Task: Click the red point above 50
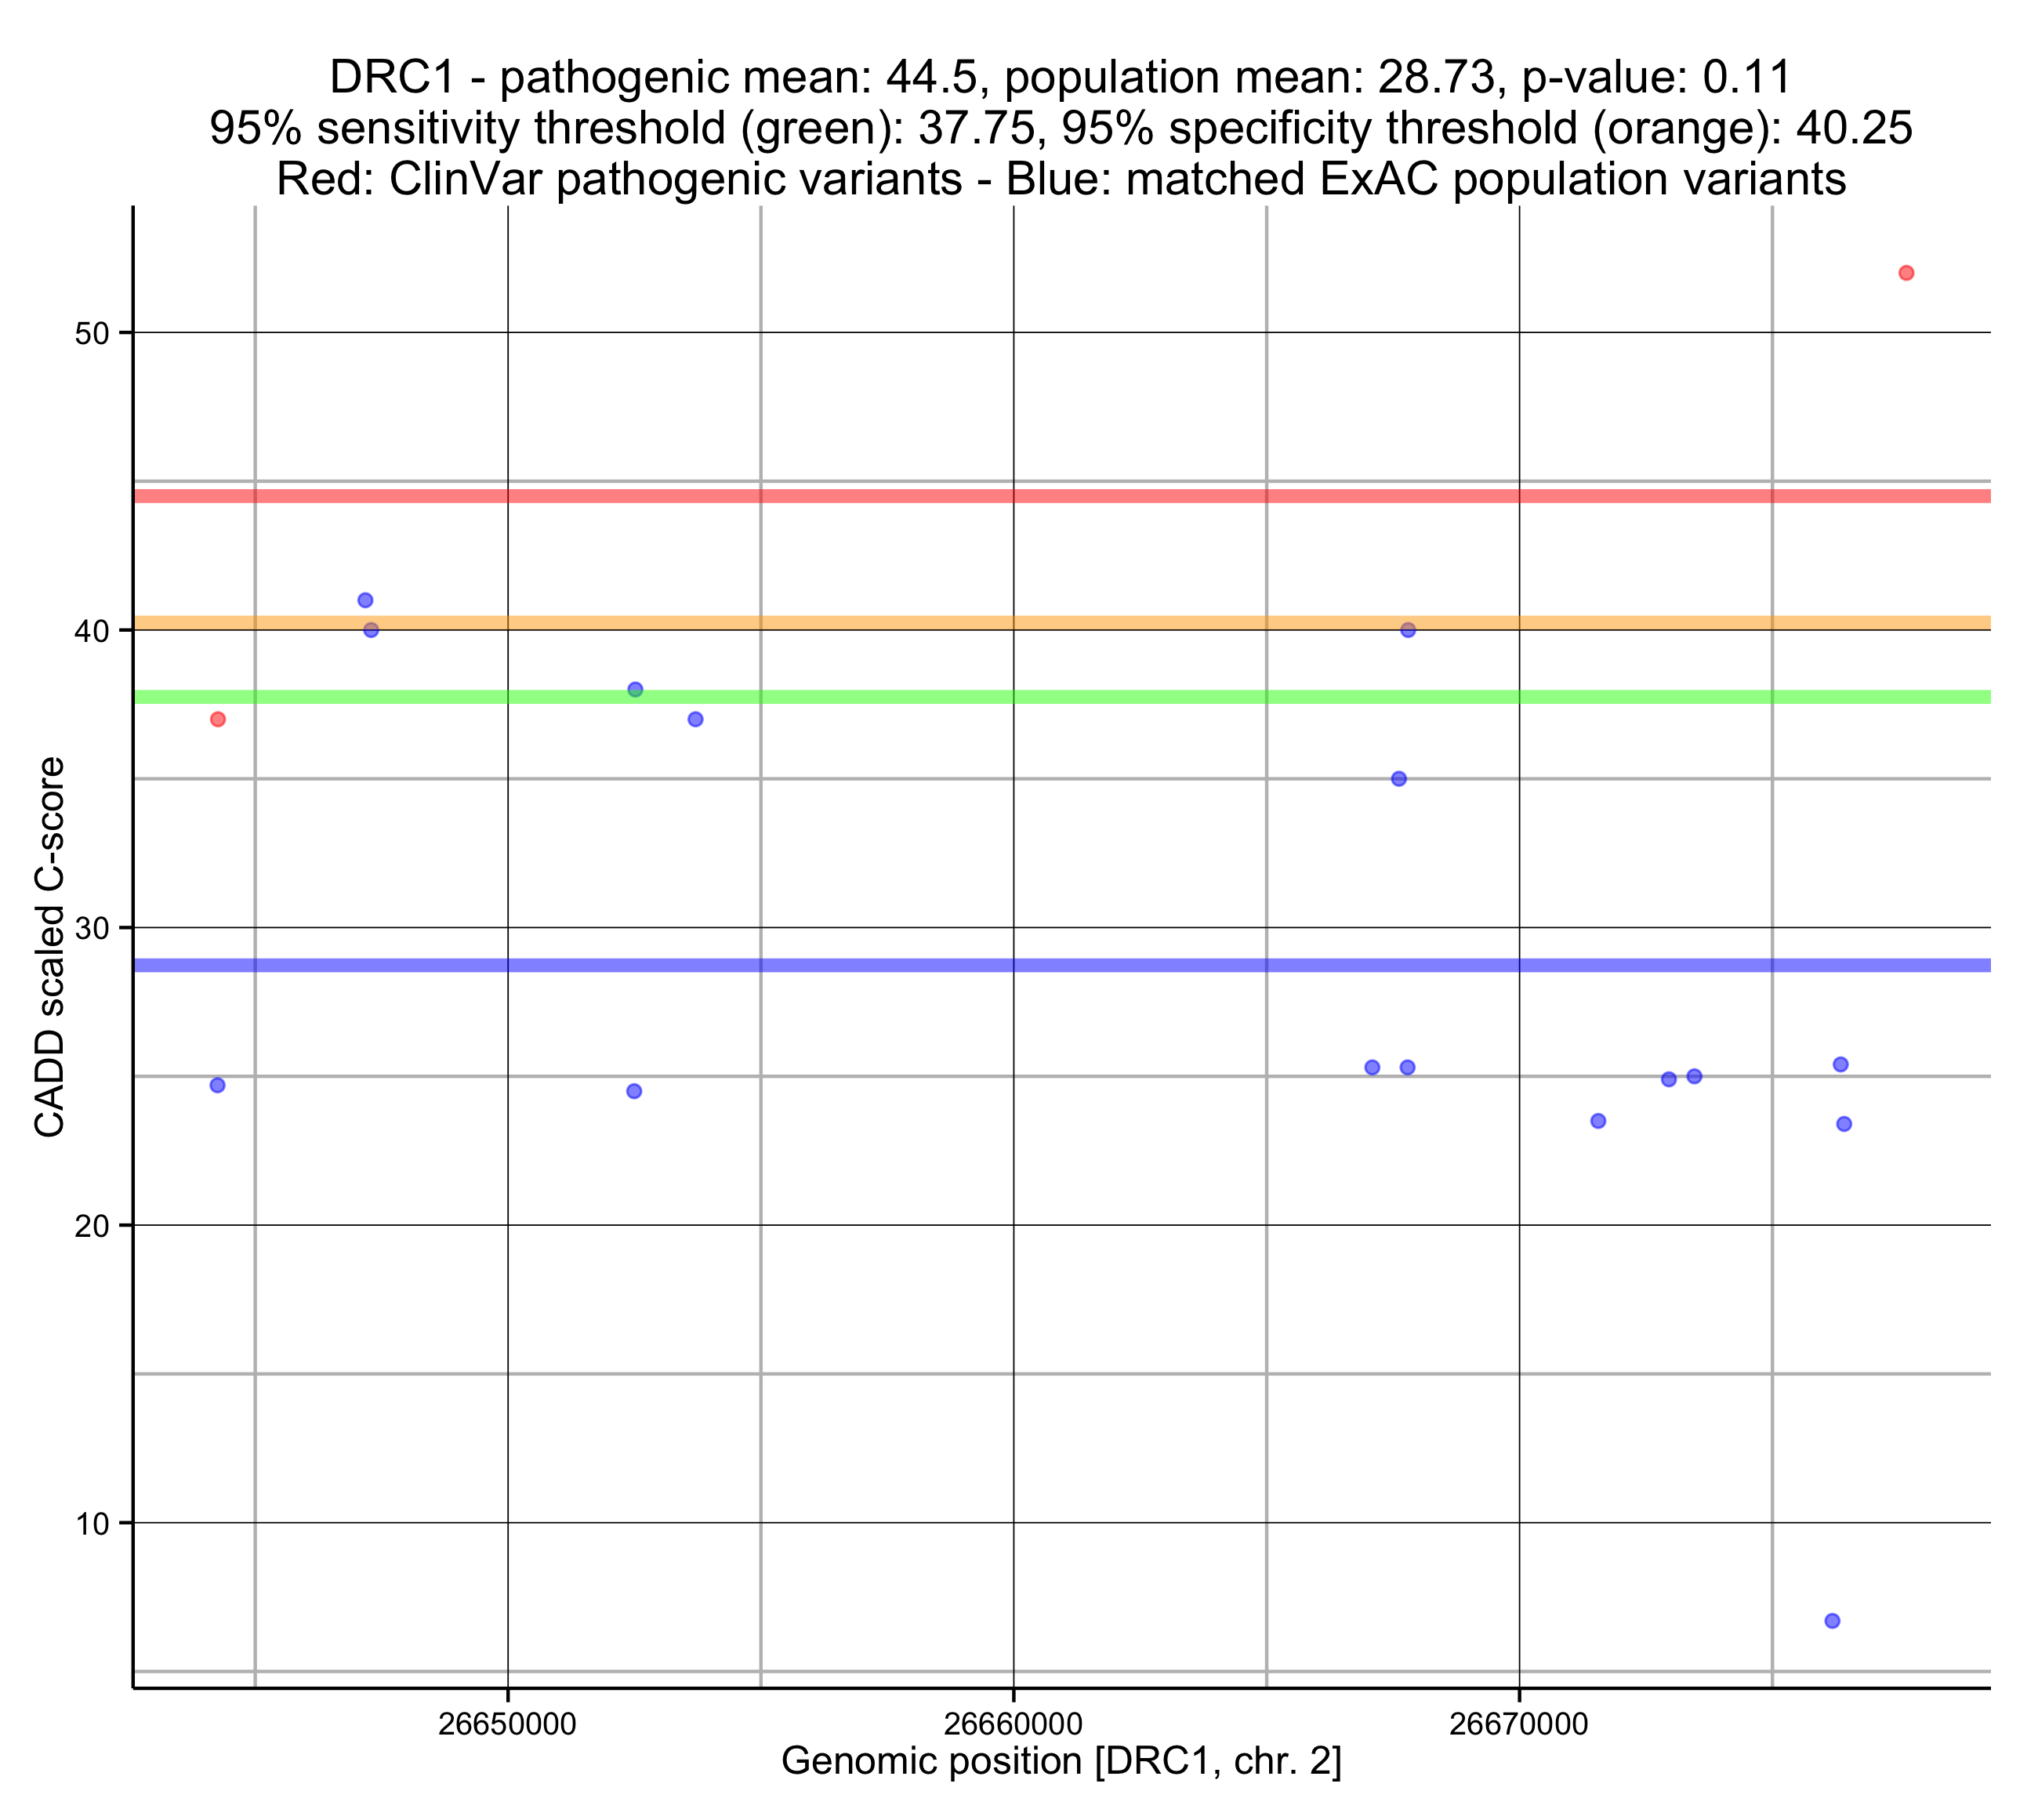pos(1906,274)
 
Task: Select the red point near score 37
pos(219,719)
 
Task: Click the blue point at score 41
pos(365,600)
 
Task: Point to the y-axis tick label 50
pos(91,333)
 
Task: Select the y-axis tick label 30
pos(91,929)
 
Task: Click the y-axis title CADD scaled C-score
pos(50,948)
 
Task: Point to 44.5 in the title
pos(936,78)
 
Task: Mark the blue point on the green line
pos(635,690)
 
